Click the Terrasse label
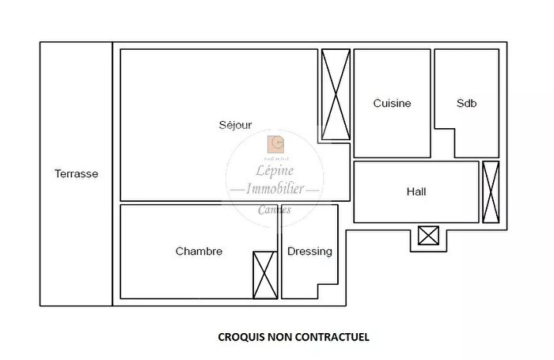(76, 174)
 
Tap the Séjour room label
(235, 125)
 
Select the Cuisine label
(392, 104)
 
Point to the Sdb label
(466, 104)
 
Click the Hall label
(415, 191)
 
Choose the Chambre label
(199, 252)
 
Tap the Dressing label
(309, 252)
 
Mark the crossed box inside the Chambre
(265, 275)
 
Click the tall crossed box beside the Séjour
(336, 95)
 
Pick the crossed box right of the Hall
(491, 191)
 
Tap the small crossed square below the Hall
(428, 235)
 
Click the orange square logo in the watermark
(276, 144)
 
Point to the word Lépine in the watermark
(274, 171)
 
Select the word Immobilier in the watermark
(274, 190)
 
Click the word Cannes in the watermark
(274, 210)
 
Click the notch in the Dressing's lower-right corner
(328, 291)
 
